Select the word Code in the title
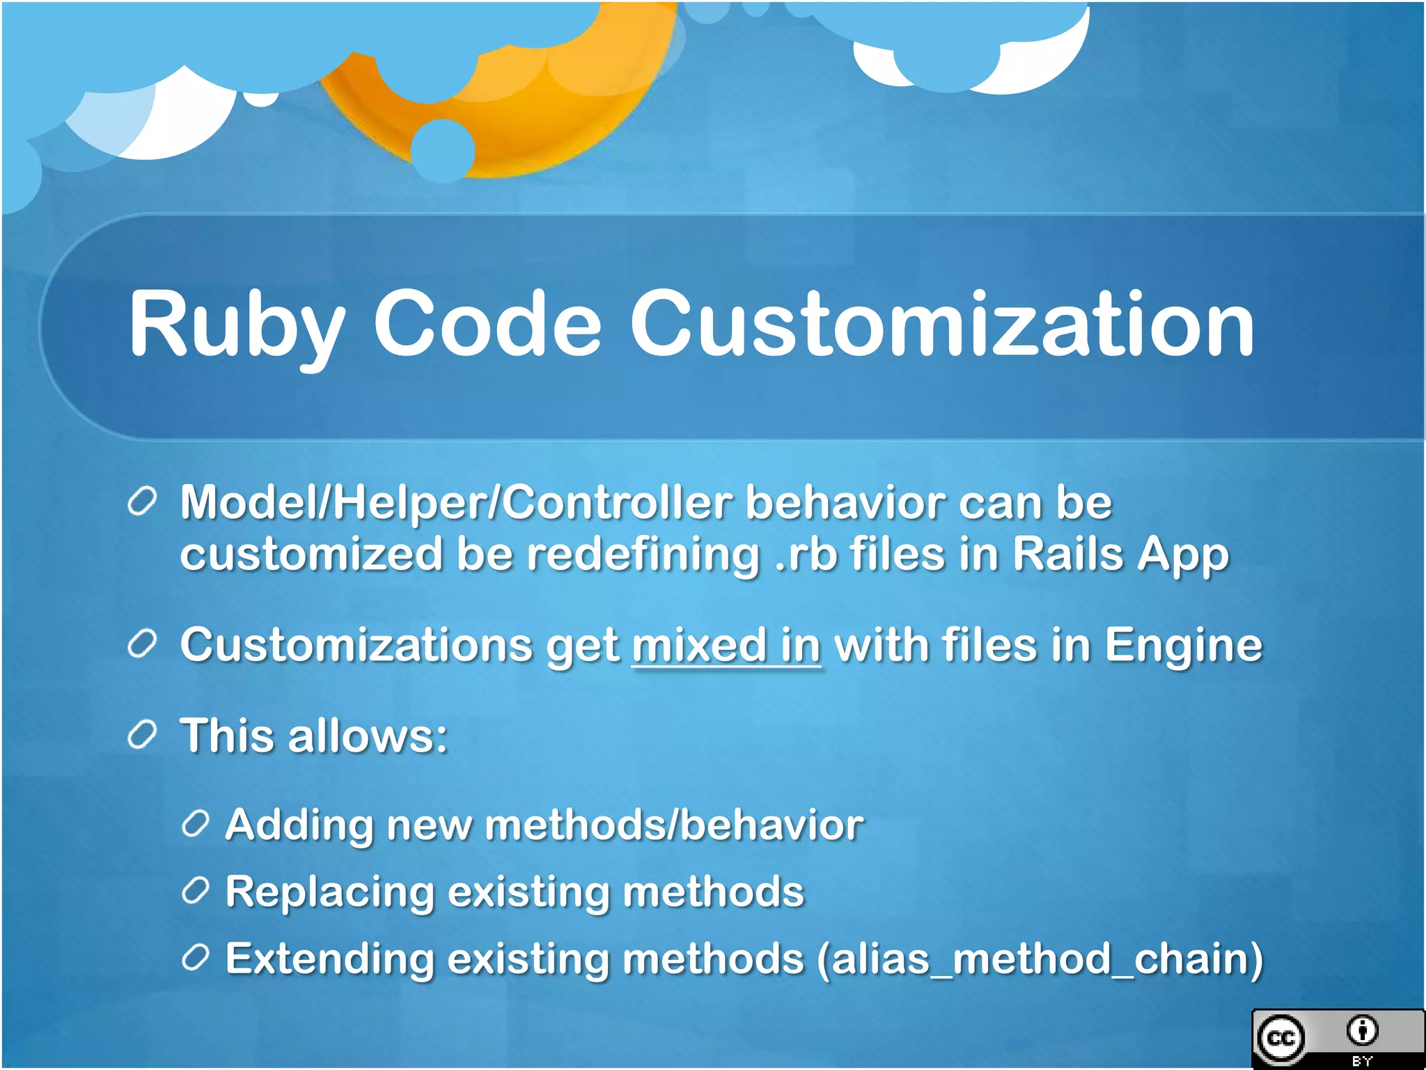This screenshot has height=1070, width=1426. click(487, 325)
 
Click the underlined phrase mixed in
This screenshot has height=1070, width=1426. click(726, 645)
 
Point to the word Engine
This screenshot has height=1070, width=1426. click(1183, 645)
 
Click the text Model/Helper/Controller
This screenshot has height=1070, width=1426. click(455, 502)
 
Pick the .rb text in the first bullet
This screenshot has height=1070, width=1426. click(806, 555)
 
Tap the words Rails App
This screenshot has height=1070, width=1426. click(1120, 555)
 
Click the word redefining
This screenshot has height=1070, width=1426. click(642, 555)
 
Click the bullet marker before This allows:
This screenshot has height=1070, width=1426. click(142, 736)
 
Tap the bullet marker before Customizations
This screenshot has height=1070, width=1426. click(142, 645)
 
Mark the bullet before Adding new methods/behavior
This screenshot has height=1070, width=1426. click(195, 824)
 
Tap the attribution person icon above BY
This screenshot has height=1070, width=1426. click(1362, 1030)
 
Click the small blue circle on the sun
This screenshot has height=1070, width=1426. click(443, 150)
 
